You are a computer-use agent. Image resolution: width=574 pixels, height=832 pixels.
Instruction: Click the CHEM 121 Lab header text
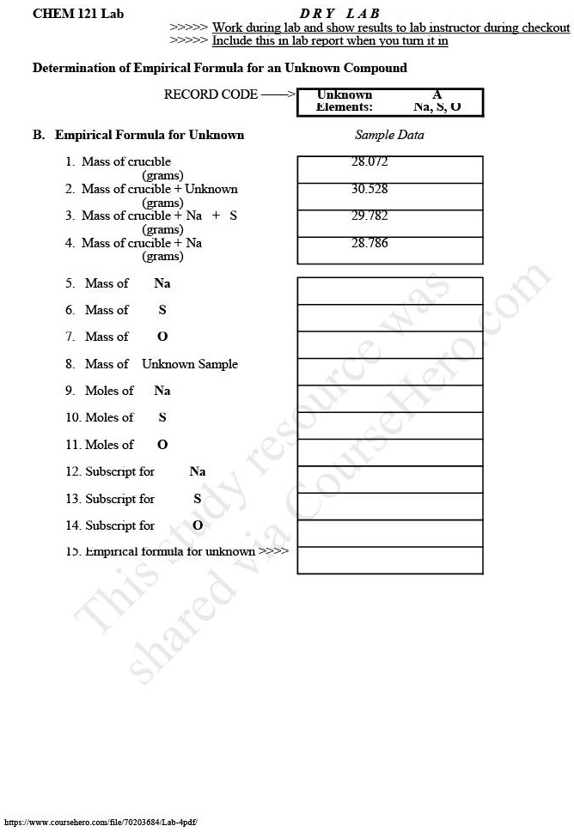pos(66,14)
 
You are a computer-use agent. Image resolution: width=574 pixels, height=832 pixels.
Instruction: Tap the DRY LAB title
pos(339,14)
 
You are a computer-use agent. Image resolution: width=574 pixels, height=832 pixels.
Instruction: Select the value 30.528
pos(369,189)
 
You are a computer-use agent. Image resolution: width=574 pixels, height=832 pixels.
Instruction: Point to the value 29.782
pos(369,216)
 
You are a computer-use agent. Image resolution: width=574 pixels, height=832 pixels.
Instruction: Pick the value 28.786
pos(369,243)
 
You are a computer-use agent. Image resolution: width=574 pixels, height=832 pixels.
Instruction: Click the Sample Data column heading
pos(389,135)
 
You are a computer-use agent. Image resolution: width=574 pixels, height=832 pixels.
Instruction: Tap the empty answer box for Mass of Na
pos(389,290)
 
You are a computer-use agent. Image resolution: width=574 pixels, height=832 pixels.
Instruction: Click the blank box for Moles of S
pos(389,425)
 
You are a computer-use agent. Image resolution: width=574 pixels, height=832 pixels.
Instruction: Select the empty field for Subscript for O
pos(389,532)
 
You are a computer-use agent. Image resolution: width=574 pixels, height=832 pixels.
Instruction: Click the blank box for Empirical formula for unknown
pos(389,560)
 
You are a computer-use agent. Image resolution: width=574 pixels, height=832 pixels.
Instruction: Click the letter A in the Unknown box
pos(437,94)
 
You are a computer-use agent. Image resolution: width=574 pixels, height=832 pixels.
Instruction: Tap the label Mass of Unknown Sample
pos(161,364)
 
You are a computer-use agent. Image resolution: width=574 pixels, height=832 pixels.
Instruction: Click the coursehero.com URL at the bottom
pos(101,823)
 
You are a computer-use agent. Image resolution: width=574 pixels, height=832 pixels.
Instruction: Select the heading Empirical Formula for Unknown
pos(150,135)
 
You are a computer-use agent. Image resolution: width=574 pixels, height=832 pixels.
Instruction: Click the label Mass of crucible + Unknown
pos(159,189)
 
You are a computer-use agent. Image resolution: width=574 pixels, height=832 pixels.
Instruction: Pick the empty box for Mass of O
pos(389,344)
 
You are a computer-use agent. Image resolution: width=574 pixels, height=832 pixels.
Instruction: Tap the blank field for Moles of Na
pos(389,398)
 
